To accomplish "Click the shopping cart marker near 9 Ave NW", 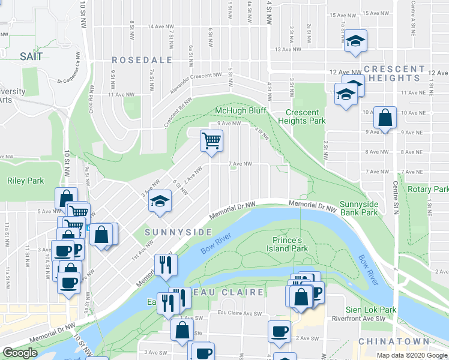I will [x=211, y=141].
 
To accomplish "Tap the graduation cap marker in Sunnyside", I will [x=160, y=201].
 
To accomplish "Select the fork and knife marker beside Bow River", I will [x=164, y=265].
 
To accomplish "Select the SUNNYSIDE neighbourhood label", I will [x=178, y=232].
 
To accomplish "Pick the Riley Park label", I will [x=26, y=181].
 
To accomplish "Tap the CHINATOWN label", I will [x=384, y=341].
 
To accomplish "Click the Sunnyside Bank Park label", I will [x=359, y=208].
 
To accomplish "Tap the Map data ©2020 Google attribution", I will [x=411, y=355].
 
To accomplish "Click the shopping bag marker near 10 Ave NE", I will [x=384, y=117].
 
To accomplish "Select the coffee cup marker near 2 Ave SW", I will [x=279, y=331].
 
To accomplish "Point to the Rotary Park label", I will [x=429, y=189].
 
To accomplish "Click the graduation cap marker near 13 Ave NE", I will [x=355, y=41].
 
